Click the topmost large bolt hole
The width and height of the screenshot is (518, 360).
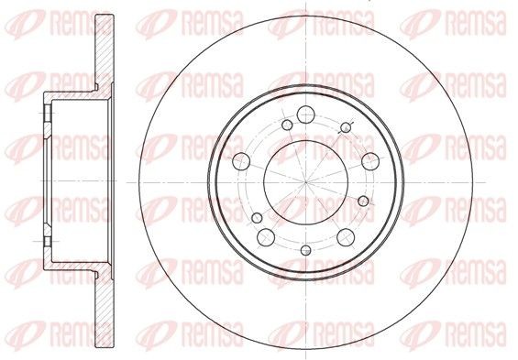(x=305, y=115)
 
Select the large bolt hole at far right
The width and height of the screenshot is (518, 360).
(x=370, y=161)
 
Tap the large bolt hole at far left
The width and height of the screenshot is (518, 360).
(x=241, y=161)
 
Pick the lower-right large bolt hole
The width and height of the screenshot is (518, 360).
(x=346, y=237)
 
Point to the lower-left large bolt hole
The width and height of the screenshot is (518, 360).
(x=266, y=237)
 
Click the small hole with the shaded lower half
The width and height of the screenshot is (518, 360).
(x=306, y=250)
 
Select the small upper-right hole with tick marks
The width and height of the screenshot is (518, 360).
(x=346, y=127)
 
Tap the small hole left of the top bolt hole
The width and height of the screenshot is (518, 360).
(x=287, y=125)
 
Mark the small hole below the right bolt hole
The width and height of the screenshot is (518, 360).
(x=363, y=201)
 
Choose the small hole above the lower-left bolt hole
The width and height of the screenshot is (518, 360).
(x=257, y=218)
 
